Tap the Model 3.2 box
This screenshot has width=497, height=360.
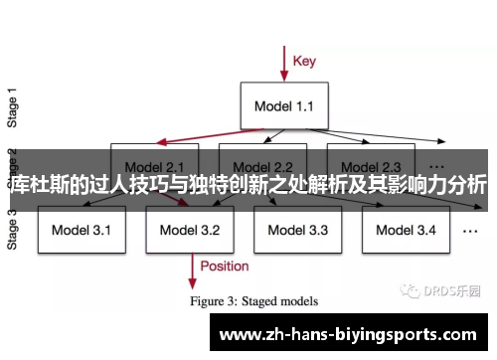point(190,231)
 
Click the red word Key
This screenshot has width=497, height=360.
point(305,61)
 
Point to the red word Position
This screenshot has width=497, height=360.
point(225,266)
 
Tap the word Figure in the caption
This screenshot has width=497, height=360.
point(212,297)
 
